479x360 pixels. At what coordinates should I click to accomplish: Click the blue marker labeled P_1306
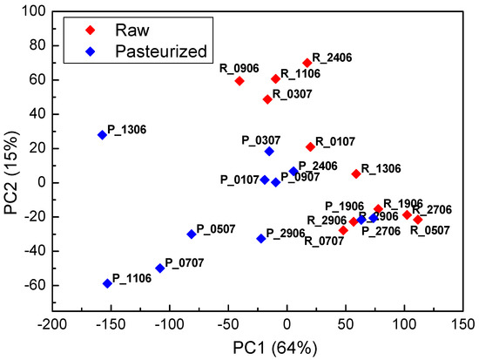pos(103,135)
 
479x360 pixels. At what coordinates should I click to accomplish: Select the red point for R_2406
pos(307,63)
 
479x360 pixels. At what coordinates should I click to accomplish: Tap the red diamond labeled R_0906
pos(239,81)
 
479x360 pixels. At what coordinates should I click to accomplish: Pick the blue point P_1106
pos(108,283)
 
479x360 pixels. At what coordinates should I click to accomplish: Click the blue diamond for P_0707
pos(160,268)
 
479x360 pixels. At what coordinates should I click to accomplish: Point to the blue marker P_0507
pos(192,234)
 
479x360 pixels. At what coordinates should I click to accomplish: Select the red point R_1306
pos(356,173)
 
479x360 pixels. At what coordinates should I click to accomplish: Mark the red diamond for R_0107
pos(311,146)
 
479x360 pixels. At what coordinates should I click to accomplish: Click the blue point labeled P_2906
pos(261,238)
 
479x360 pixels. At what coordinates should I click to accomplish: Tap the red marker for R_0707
pos(343,230)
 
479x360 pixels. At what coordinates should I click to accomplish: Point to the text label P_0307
pos(261,139)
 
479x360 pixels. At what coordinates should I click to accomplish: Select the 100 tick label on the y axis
pos(34,11)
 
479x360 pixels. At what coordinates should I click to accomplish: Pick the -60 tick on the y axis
pos(34,285)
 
